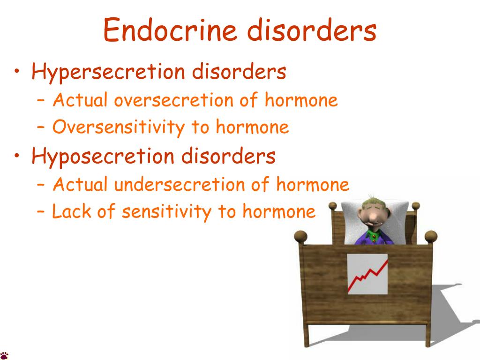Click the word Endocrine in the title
click(170, 30)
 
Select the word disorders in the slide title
click(312, 30)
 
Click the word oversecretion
click(173, 100)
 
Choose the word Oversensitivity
click(119, 127)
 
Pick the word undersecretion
click(180, 184)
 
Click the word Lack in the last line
click(72, 211)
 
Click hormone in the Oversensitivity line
click(252, 127)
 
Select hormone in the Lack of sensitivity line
click(279, 211)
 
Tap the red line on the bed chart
click(367, 276)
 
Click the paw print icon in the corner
click(4, 355)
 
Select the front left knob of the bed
click(300, 237)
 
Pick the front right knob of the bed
click(431, 237)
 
